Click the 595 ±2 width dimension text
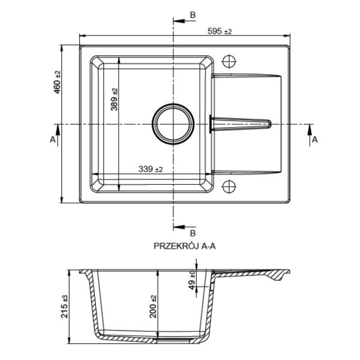[x=220, y=31]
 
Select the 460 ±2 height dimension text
[x=57, y=82]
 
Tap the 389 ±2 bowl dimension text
[x=114, y=99]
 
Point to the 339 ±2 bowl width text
[x=151, y=169]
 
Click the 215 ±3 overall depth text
[x=65, y=306]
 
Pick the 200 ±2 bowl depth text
[x=153, y=306]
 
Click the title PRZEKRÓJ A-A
[x=185, y=246]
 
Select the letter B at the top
[x=193, y=15]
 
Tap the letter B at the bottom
[x=193, y=233]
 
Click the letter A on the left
[x=53, y=139]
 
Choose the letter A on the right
[x=315, y=139]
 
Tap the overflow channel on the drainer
[x=241, y=124]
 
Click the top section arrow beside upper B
[x=179, y=21]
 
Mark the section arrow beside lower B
[x=179, y=227]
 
